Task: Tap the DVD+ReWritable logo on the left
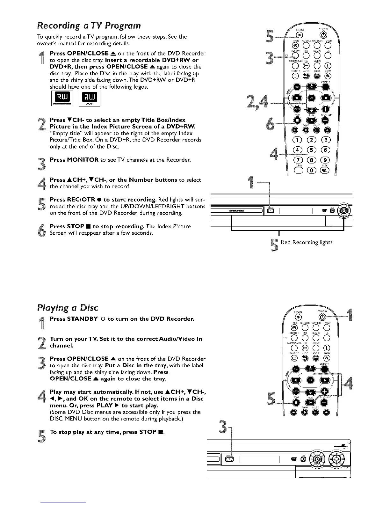point(62,98)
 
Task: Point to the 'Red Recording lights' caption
point(306,242)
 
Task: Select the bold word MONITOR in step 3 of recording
point(83,160)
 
